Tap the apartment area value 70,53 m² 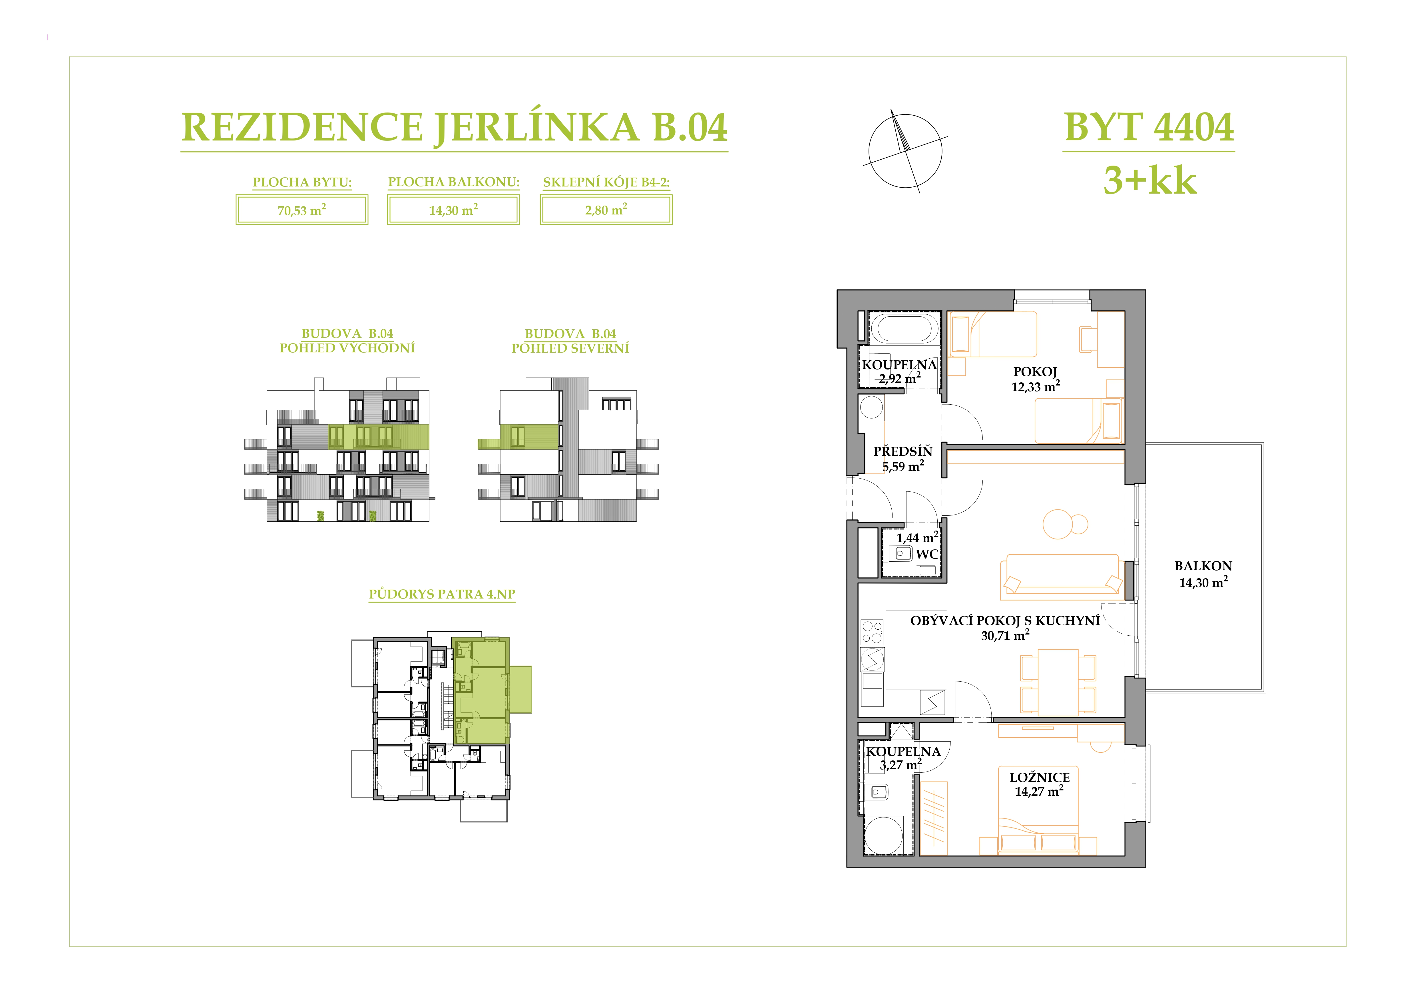[x=302, y=210]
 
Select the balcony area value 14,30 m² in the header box [x=454, y=210]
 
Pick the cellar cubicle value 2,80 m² [x=606, y=210]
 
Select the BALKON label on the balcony [x=1203, y=566]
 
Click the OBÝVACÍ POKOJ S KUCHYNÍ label [x=1005, y=621]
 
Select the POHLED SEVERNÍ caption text [x=570, y=348]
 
